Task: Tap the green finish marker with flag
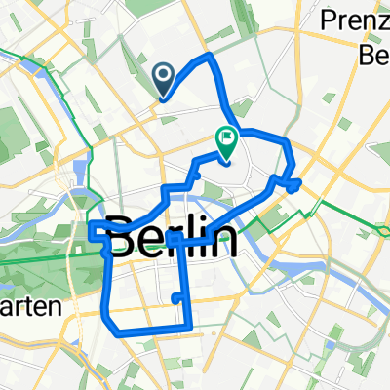tap(225, 144)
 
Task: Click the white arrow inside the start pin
tap(162, 73)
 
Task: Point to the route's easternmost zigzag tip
tap(298, 181)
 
